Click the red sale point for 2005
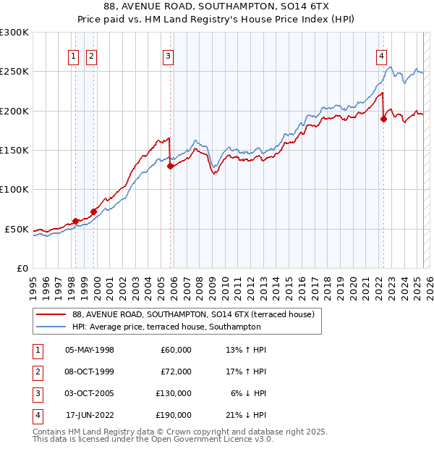pos(171,166)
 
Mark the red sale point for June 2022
pos(384,119)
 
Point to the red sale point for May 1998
pos(75,221)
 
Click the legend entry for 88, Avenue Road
pos(193,315)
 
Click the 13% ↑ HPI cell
pos(246,349)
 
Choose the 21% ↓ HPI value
pos(246,414)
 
